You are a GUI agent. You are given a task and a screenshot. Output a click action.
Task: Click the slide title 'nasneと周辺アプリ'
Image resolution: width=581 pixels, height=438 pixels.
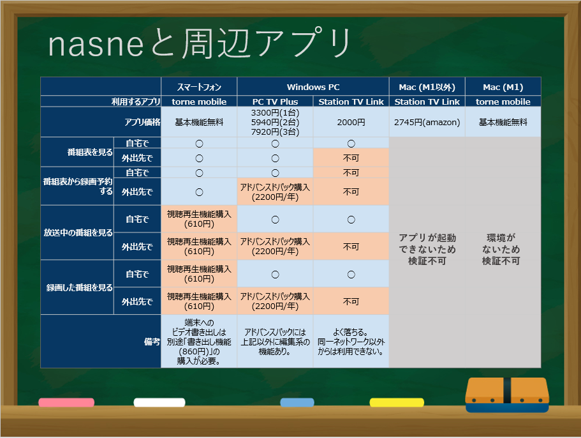click(x=200, y=43)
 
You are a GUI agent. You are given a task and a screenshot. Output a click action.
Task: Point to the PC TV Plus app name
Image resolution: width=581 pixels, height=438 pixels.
click(x=275, y=102)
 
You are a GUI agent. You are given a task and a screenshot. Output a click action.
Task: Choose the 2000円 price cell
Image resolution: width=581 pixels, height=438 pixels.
click(x=351, y=122)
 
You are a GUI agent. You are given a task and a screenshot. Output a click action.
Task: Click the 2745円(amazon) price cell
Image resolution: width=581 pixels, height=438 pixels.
click(x=427, y=122)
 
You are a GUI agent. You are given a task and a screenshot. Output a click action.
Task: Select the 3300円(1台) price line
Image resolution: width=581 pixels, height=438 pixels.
click(x=275, y=113)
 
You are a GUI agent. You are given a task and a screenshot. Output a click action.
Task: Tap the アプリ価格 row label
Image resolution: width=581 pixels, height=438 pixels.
click(x=142, y=122)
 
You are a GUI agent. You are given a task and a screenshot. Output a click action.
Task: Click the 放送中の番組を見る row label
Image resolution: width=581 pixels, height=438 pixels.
click(x=78, y=232)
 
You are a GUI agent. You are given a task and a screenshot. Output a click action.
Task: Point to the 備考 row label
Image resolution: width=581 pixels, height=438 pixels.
click(x=152, y=342)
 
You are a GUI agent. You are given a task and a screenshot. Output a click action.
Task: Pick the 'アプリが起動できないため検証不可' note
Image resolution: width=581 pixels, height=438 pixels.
click(x=427, y=249)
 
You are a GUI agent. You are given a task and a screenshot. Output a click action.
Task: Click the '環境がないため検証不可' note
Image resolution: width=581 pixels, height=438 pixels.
click(x=501, y=249)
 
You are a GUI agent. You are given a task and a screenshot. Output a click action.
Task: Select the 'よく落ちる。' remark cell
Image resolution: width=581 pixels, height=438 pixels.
click(x=351, y=332)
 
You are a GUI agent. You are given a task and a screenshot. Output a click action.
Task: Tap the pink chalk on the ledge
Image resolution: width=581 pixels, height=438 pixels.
click(x=66, y=402)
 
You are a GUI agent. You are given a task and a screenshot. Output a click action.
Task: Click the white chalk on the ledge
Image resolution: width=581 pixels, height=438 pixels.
click(x=159, y=402)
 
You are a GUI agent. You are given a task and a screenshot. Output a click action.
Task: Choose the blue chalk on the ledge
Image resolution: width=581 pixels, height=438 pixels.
click(x=297, y=402)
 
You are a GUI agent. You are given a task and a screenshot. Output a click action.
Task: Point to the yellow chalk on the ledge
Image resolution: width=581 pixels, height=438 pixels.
click(x=397, y=402)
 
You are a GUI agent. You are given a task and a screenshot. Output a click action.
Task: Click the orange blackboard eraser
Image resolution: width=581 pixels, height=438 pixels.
click(x=507, y=395)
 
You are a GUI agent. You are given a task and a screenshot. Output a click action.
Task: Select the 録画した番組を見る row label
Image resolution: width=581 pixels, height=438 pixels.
click(x=79, y=287)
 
